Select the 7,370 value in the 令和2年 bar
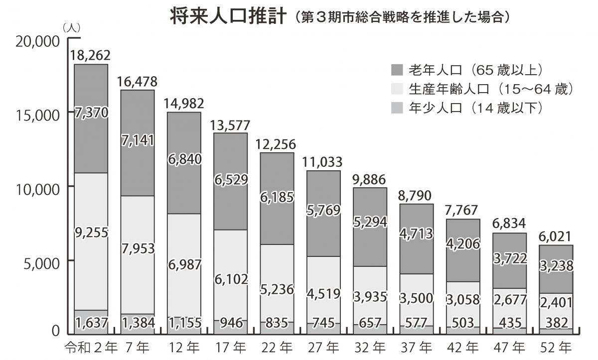(x=91, y=113)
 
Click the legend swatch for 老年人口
(x=398, y=69)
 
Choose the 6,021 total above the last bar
(x=555, y=237)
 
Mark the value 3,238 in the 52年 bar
(x=555, y=266)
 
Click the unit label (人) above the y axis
(x=72, y=28)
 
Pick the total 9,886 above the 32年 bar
(x=369, y=179)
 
